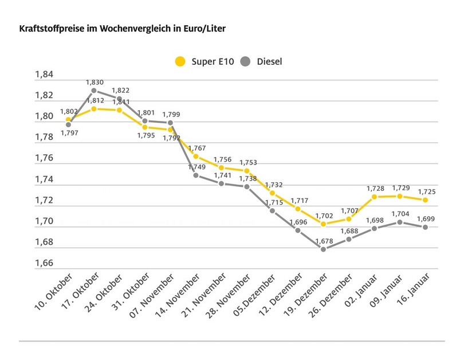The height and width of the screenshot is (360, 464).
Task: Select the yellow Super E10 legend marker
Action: (181, 61)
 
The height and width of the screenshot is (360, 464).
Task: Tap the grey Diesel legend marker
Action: (245, 61)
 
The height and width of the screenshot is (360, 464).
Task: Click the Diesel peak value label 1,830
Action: (95, 83)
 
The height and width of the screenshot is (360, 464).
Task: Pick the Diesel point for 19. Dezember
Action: (324, 249)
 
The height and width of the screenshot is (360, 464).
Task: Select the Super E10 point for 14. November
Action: (196, 156)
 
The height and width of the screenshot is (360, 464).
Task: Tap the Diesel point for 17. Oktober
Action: (93, 91)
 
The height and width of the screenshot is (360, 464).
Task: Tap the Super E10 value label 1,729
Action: (399, 187)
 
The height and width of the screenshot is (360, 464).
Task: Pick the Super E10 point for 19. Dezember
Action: (324, 224)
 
